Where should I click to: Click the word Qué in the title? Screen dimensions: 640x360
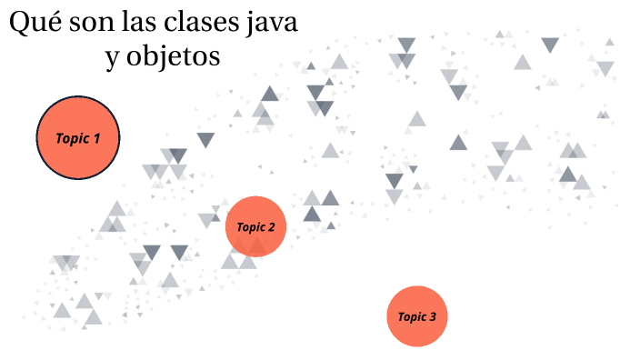pyautogui.click(x=33, y=23)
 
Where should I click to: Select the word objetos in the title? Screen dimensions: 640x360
pyautogui.click(x=174, y=57)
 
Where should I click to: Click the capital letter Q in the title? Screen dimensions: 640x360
pyautogui.click(x=21, y=23)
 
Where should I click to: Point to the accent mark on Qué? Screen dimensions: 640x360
pyautogui.click(x=51, y=12)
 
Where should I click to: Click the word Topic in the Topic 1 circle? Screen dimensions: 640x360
pyautogui.click(x=73, y=139)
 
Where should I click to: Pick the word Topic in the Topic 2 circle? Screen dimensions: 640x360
pyautogui.click(x=250, y=227)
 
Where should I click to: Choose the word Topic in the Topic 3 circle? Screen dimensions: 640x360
pyautogui.click(x=412, y=317)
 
